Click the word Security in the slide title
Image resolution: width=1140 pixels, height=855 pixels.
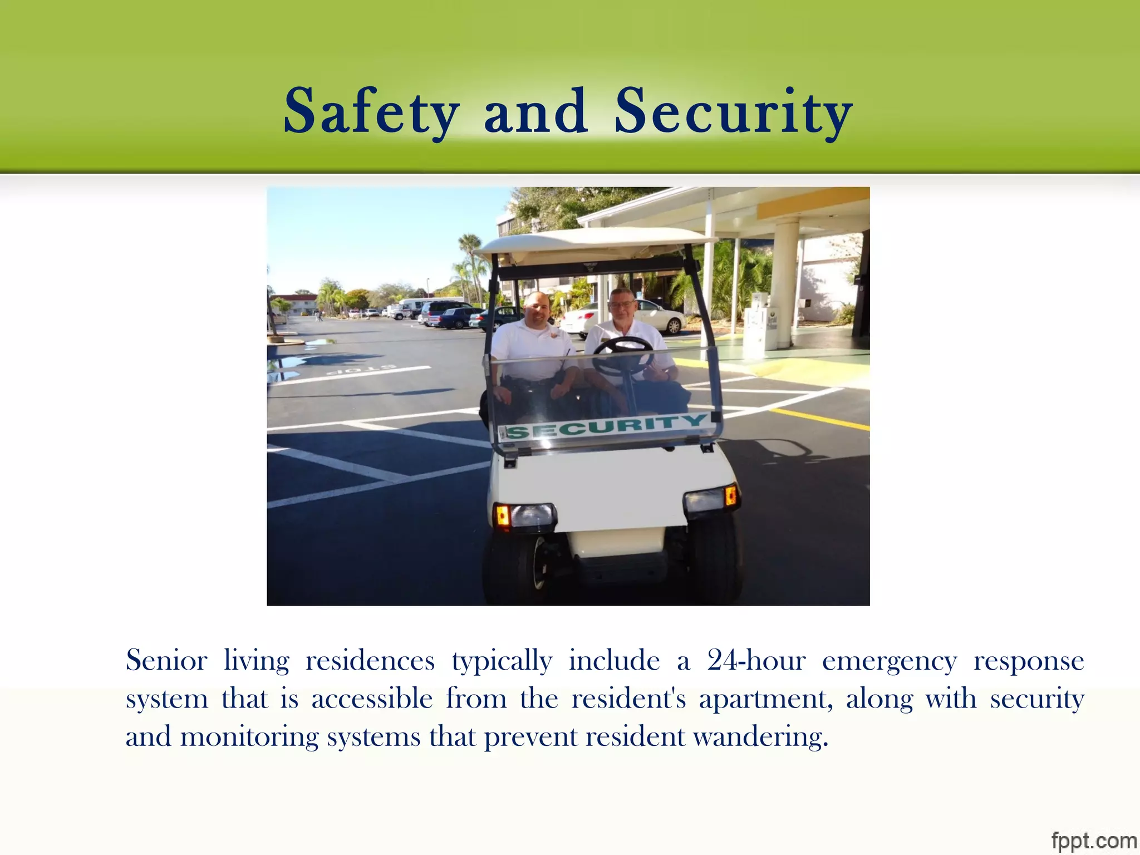coord(733,112)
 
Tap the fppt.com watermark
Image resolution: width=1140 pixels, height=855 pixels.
coord(1093,839)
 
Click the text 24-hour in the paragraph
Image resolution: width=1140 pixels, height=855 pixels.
coord(756,661)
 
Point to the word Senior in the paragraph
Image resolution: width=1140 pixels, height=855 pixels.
coord(166,661)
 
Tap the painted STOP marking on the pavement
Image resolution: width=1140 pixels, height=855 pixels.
coord(362,369)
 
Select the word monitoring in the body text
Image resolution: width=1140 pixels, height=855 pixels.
coord(249,738)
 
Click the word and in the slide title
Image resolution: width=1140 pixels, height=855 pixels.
coord(535,112)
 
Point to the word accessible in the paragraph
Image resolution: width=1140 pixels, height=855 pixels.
coord(372,699)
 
